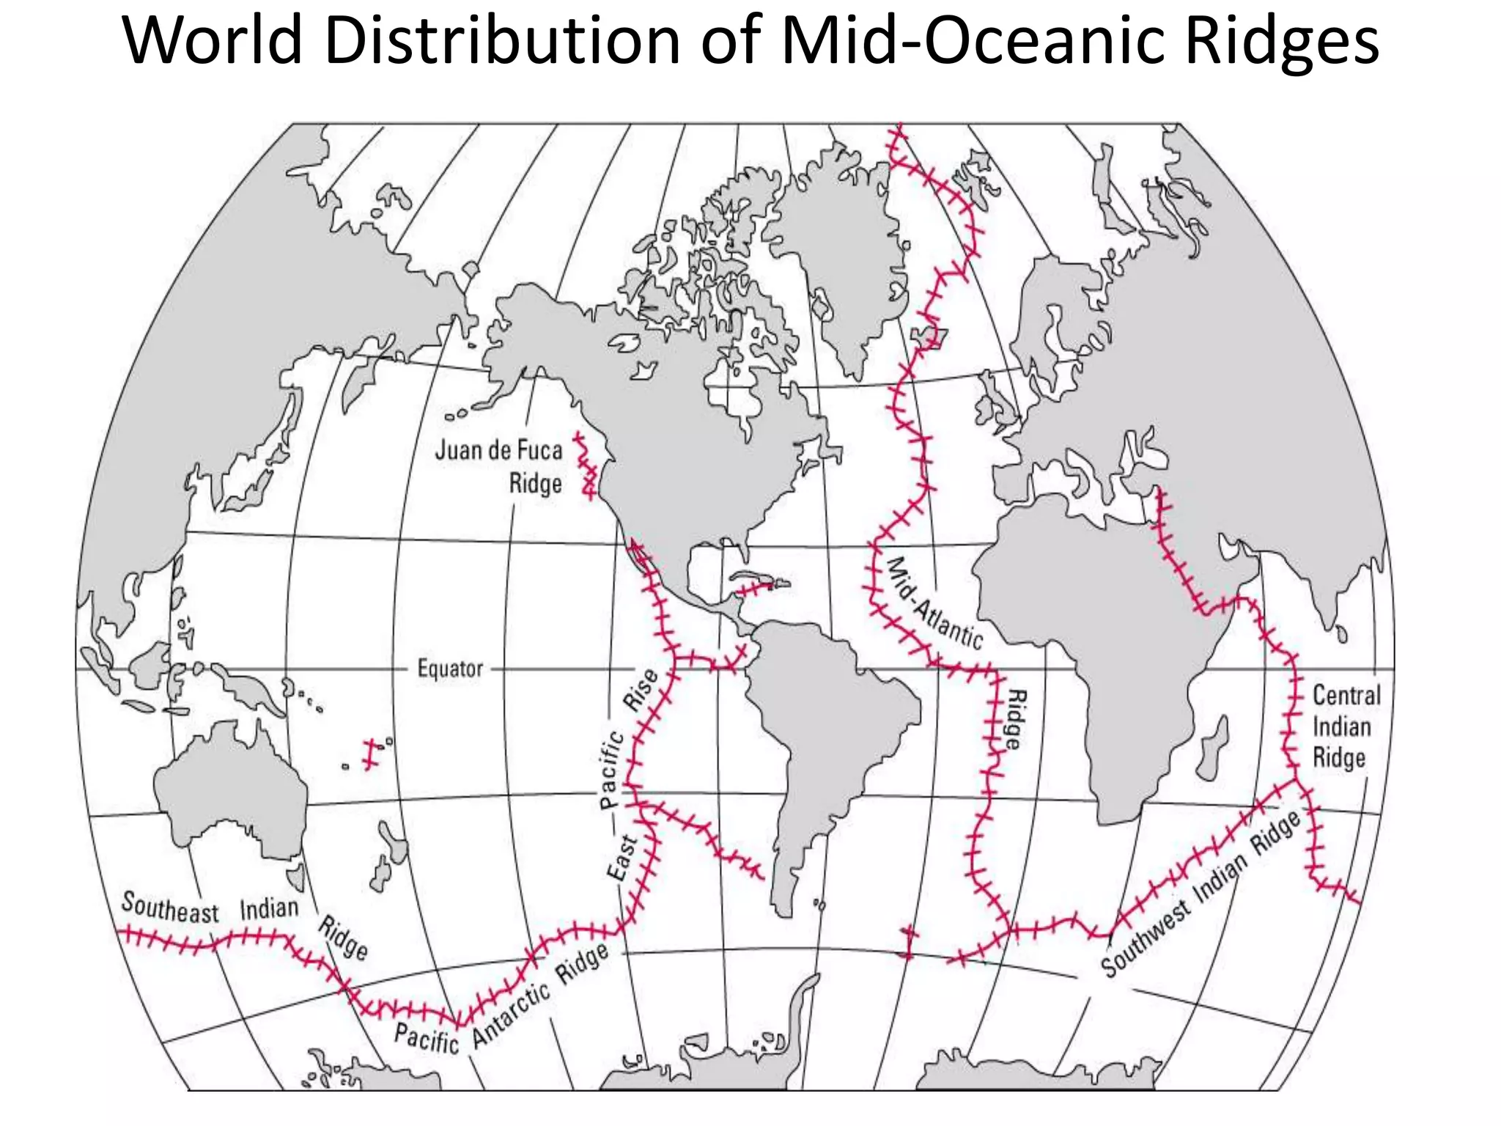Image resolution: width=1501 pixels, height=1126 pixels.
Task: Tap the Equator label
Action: click(x=450, y=669)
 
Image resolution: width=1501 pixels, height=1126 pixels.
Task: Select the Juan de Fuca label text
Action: click(x=499, y=450)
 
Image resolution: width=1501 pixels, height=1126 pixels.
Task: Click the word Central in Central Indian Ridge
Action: click(x=1346, y=695)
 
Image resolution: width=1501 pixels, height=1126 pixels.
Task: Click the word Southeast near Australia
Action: click(x=170, y=908)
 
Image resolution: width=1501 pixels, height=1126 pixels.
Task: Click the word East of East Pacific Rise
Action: click(x=622, y=858)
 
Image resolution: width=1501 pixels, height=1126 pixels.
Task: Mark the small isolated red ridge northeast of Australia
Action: click(x=372, y=754)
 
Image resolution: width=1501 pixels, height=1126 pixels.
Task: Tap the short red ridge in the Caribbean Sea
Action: click(x=755, y=589)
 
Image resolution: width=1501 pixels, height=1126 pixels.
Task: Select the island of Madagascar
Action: click(x=1212, y=749)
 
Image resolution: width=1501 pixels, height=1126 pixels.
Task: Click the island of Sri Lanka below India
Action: click(x=1341, y=632)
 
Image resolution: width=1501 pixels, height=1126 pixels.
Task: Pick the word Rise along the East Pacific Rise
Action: click(x=641, y=690)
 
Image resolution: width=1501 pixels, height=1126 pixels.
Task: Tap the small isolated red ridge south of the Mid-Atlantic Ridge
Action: click(x=909, y=942)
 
